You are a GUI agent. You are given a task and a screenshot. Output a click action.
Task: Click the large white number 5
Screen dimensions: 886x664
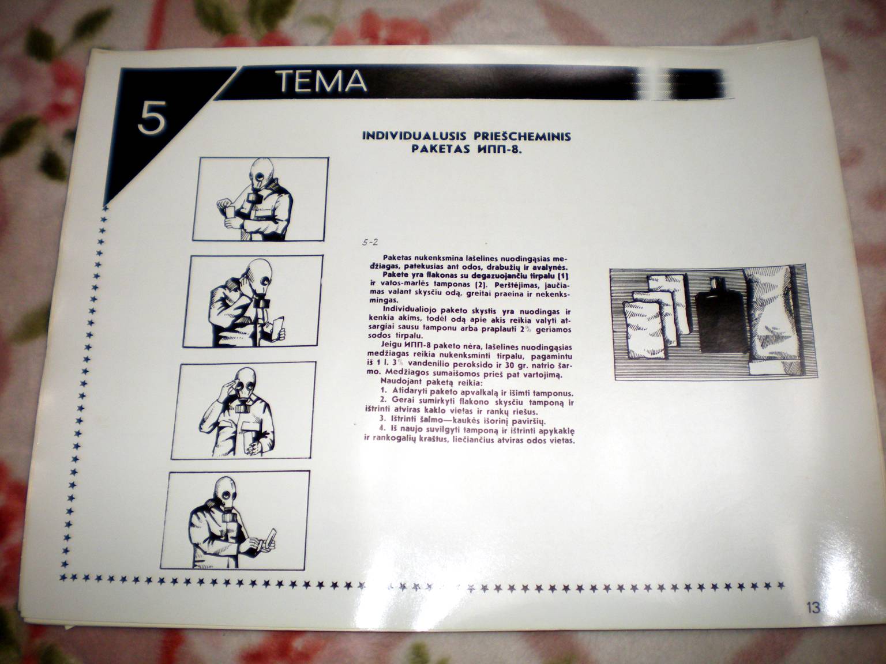pyautogui.click(x=152, y=118)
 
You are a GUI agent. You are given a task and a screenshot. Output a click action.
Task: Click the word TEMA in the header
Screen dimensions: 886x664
pyautogui.click(x=322, y=82)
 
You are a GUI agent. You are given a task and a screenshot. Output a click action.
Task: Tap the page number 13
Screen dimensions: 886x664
pyautogui.click(x=813, y=608)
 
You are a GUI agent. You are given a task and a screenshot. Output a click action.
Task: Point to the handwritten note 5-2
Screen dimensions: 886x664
pyautogui.click(x=370, y=242)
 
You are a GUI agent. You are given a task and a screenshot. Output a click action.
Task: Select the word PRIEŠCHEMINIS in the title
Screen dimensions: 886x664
pyautogui.click(x=523, y=136)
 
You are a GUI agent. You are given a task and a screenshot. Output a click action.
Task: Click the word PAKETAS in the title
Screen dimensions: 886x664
pyautogui.click(x=441, y=149)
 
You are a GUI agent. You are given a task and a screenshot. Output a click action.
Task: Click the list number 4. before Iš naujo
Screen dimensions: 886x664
pyautogui.click(x=383, y=429)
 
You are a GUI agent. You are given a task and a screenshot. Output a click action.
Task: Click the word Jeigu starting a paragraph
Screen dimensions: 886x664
pyautogui.click(x=391, y=346)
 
